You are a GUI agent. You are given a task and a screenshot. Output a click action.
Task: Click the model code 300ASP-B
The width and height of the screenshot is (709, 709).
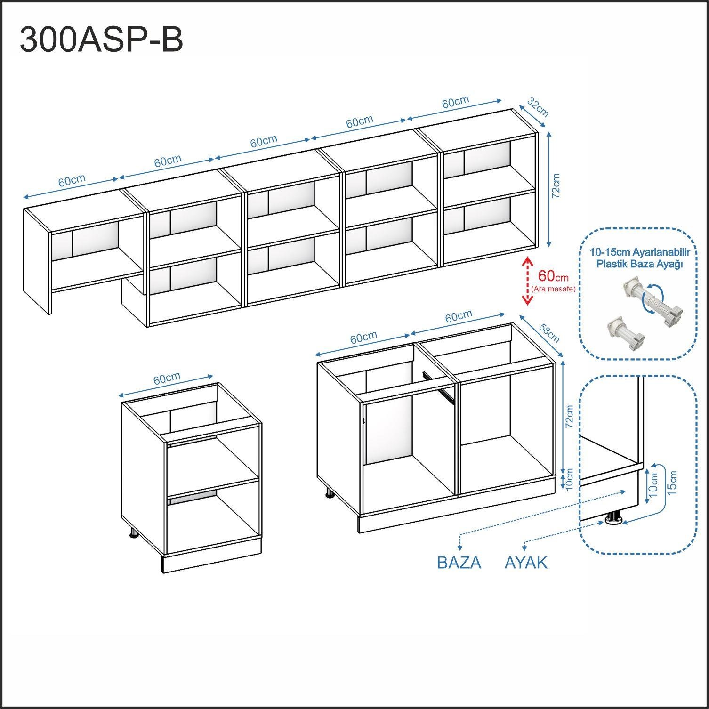pos(101,40)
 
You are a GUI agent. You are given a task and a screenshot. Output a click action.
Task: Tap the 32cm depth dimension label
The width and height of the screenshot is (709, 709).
pos(538,107)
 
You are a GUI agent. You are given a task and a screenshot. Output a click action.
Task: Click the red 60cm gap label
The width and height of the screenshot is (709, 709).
pos(553,276)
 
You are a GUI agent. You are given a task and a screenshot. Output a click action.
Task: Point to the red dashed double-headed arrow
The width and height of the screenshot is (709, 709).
pos(527,281)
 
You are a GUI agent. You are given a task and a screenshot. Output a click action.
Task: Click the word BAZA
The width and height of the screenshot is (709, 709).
pos(459,563)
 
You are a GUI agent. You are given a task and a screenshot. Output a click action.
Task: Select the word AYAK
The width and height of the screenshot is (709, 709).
pos(526,563)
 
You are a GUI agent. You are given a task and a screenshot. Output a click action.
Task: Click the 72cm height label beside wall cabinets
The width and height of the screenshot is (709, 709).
pos(556,186)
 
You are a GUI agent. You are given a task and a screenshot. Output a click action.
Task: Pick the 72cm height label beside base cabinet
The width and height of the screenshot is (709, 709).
pos(569,417)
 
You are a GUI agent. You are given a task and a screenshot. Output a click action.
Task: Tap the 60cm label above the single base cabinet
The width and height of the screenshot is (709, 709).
pos(167,379)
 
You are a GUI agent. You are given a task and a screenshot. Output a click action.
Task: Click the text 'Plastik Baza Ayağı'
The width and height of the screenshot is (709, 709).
pos(640,264)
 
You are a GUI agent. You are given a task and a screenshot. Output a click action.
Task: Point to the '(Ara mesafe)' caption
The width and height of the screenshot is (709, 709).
pos(553,289)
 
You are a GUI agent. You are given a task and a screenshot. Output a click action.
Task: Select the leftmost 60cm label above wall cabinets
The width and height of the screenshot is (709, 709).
pos(72,181)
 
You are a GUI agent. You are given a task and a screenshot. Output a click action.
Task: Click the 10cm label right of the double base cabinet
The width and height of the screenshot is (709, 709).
pos(569,479)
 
